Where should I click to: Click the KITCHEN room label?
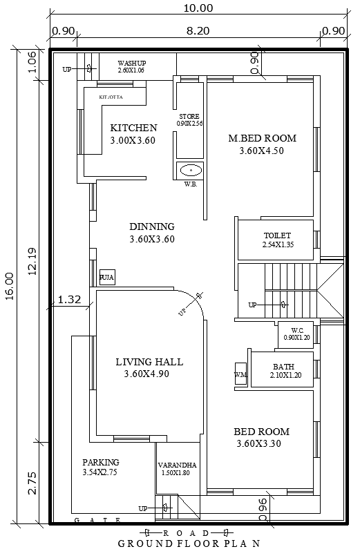[133, 128]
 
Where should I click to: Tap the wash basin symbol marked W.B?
[189, 169]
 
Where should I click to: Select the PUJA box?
[107, 277]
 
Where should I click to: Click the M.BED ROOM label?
[261, 138]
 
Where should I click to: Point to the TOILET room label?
[277, 235]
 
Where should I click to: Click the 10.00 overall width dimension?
[198, 8]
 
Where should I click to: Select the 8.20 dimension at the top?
[198, 30]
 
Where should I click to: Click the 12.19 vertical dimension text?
[32, 262]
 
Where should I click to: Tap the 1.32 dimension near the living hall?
[70, 299]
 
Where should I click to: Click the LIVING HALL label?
[149, 361]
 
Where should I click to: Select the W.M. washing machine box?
[240, 374]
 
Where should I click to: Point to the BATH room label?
[283, 367]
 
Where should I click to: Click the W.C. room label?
[298, 330]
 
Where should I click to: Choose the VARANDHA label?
[177, 465]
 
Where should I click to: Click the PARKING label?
[101, 462]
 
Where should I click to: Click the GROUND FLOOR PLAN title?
[188, 543]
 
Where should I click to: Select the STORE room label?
[189, 116]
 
